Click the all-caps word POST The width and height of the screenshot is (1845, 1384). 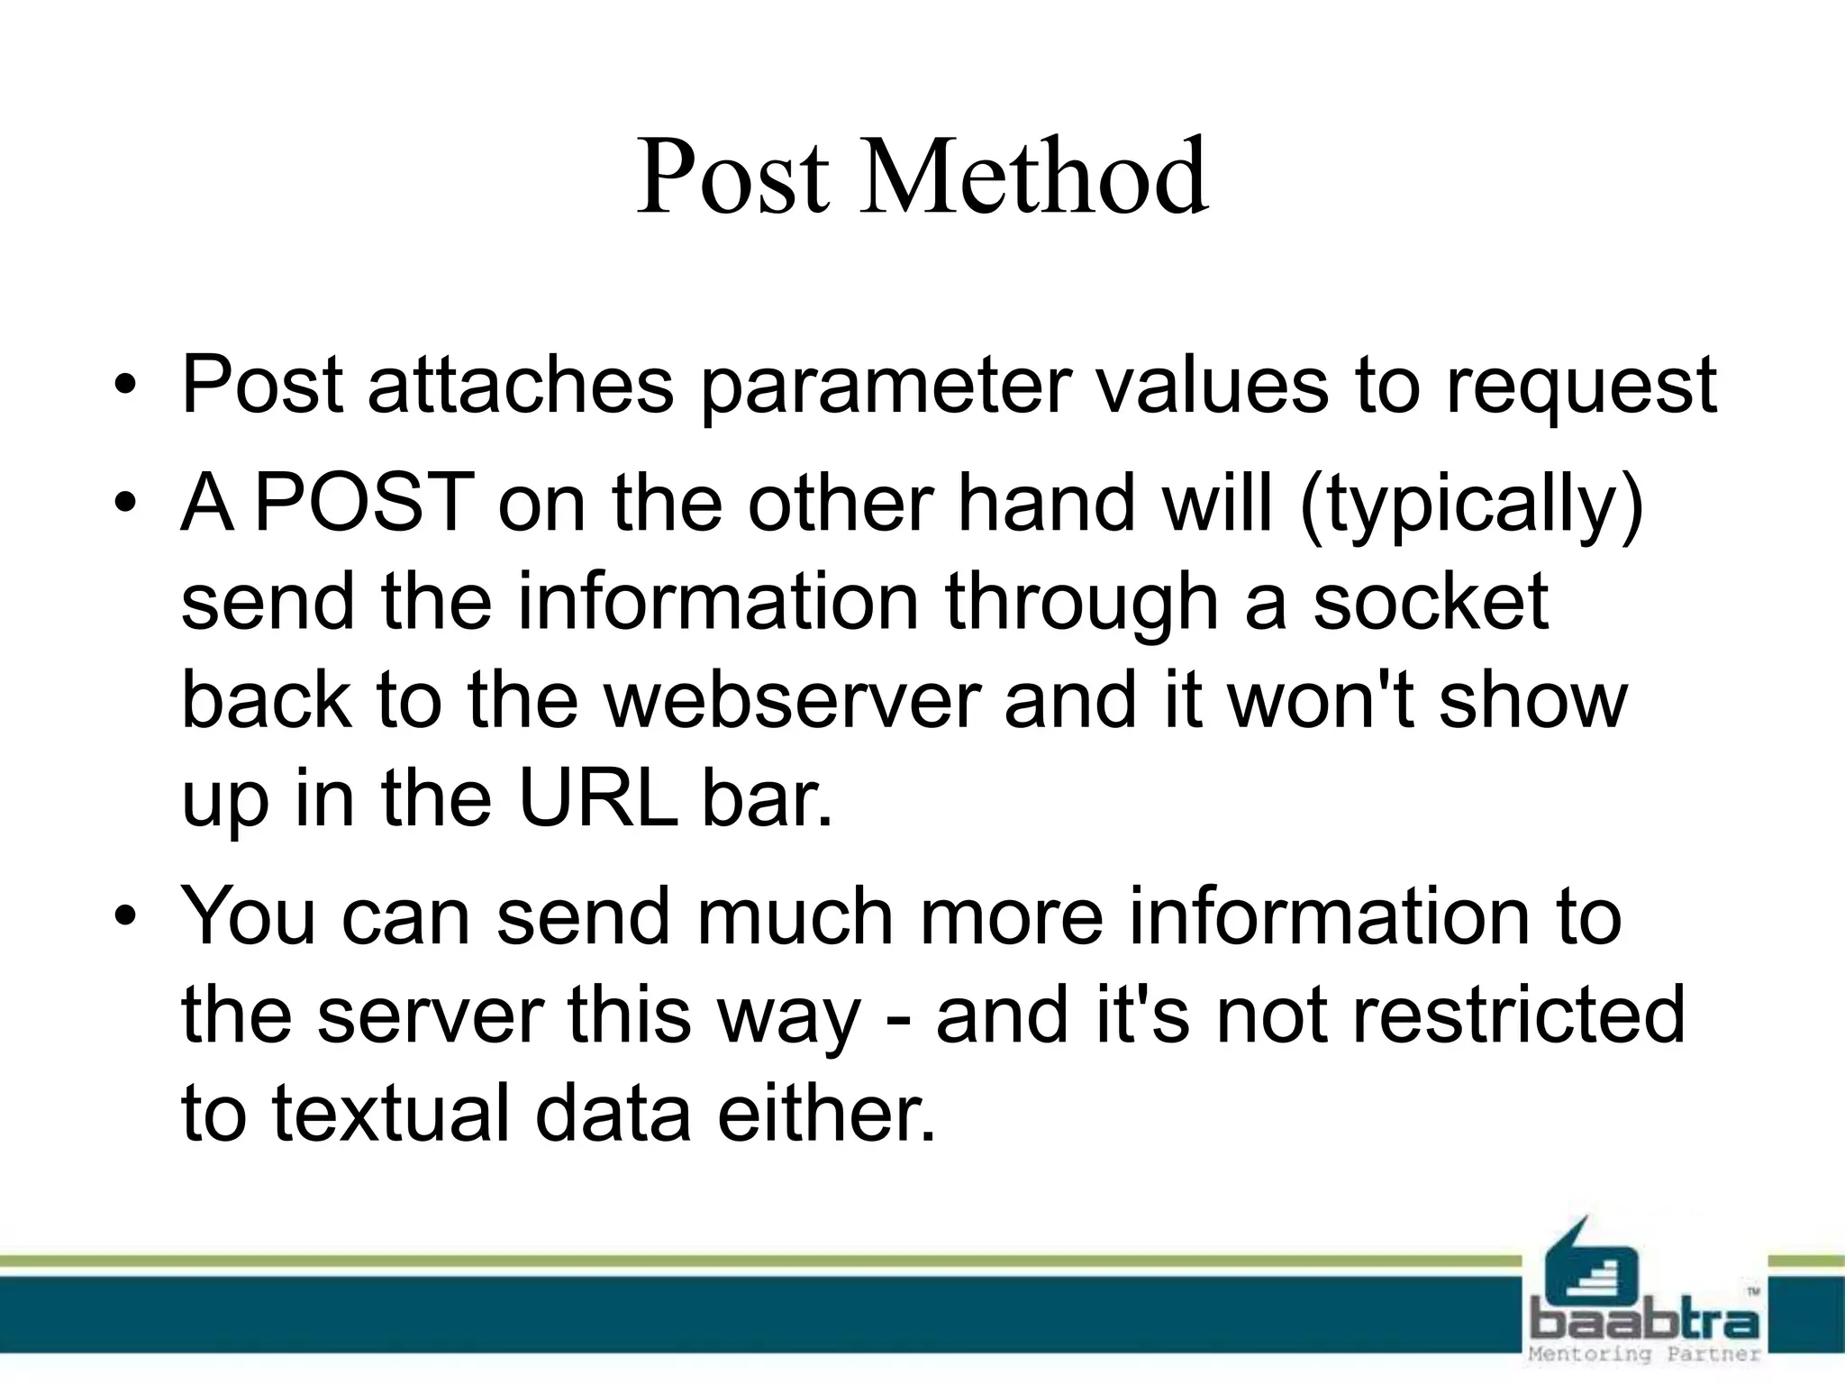point(364,503)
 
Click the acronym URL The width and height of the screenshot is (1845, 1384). point(598,798)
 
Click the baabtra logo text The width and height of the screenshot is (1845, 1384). point(1645,1322)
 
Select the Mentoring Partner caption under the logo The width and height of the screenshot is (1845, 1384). point(1645,1354)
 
